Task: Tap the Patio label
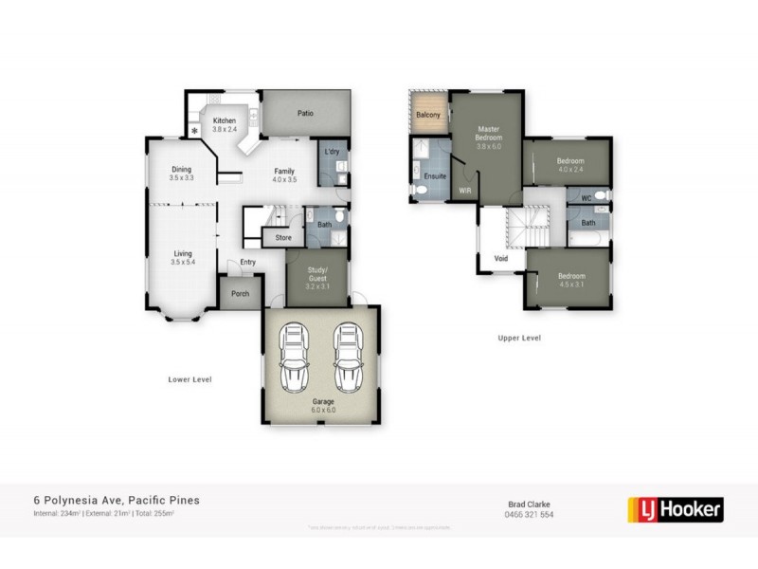pyautogui.click(x=305, y=113)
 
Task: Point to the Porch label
pyautogui.click(x=241, y=293)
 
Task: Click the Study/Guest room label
pyautogui.click(x=316, y=274)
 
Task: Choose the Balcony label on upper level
pyautogui.click(x=428, y=115)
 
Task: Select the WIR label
pyautogui.click(x=465, y=191)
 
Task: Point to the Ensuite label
pyautogui.click(x=434, y=177)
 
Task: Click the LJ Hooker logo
pyautogui.click(x=676, y=509)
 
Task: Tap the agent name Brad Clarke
pyautogui.click(x=530, y=504)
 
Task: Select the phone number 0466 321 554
pyautogui.click(x=530, y=515)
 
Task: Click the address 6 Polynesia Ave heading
pyautogui.click(x=117, y=500)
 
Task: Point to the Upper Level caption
pyautogui.click(x=519, y=337)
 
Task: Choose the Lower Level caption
pyautogui.click(x=189, y=379)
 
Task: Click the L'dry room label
pyautogui.click(x=332, y=153)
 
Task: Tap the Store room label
pyautogui.click(x=283, y=237)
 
